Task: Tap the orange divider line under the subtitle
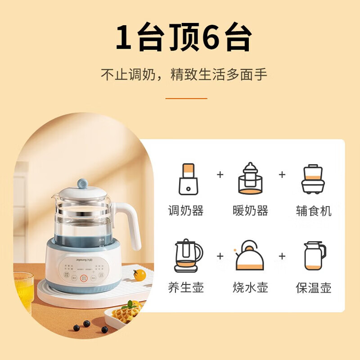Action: [x=186, y=98]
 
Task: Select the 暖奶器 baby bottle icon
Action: [x=250, y=179]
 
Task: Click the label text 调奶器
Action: [x=185, y=211]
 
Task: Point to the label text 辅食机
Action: [x=314, y=211]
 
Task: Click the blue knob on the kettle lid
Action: [x=83, y=183]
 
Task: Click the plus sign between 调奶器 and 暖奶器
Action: [x=220, y=174]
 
